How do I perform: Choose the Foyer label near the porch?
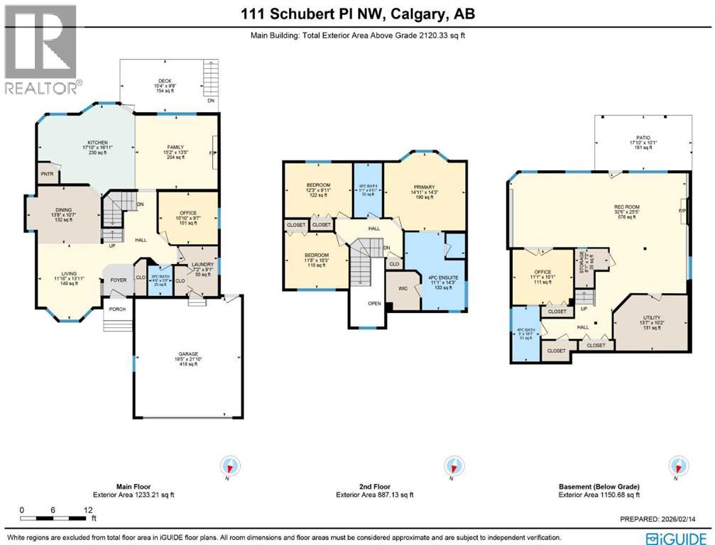118,280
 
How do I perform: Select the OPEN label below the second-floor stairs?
374,304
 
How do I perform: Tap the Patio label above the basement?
643,138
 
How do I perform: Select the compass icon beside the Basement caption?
679,466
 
